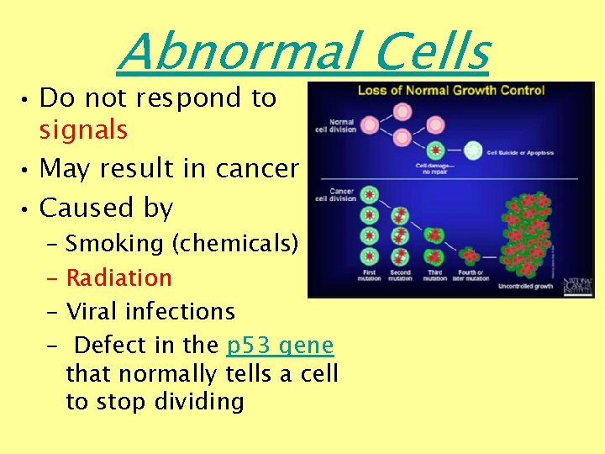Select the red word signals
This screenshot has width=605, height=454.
click(x=83, y=130)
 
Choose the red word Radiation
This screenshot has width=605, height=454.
click(x=118, y=277)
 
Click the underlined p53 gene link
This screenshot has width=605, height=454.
click(x=281, y=346)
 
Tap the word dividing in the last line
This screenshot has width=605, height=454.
click(x=199, y=401)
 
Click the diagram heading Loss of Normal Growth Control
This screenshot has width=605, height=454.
click(x=451, y=90)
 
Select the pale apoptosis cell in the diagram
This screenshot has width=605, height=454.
click(x=473, y=150)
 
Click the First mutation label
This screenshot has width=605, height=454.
click(x=368, y=276)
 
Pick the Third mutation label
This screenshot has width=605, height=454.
click(x=434, y=276)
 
